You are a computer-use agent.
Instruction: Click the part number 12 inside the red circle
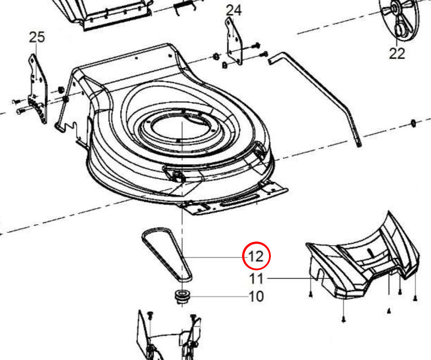point(256,257)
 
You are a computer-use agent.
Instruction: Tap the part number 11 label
point(256,279)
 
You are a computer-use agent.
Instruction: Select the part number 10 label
point(256,296)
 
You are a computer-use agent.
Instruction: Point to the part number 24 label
point(234,11)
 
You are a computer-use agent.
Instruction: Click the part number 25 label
point(37,38)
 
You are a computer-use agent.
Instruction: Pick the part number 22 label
point(397,54)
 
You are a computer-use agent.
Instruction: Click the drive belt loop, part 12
point(167,254)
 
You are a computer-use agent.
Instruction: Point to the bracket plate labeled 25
point(38,88)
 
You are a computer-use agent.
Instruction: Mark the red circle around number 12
point(256,256)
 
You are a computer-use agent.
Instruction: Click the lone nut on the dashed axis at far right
point(413,124)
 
